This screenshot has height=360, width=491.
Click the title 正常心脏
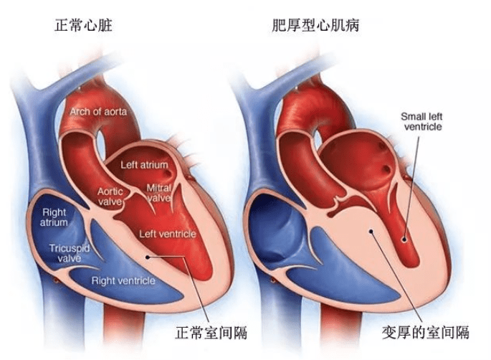(83, 25)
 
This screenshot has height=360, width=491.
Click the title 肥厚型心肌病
(315, 25)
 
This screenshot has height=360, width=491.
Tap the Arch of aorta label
(98, 112)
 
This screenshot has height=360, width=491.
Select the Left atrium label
(144, 165)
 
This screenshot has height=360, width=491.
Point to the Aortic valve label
(110, 196)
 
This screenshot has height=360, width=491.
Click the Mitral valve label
(158, 193)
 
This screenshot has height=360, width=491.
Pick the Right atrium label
(54, 217)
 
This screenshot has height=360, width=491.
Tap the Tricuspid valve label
(70, 253)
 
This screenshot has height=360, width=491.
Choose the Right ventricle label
(123, 280)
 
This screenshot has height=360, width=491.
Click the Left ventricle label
(168, 234)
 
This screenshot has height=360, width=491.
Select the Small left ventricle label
(421, 122)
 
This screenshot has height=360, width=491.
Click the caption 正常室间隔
(211, 333)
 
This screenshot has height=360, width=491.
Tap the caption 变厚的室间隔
(426, 333)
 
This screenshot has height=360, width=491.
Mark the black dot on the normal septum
(147, 257)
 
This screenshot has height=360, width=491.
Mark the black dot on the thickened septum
(371, 232)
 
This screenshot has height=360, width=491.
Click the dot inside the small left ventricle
(404, 240)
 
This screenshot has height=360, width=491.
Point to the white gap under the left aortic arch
(101, 143)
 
